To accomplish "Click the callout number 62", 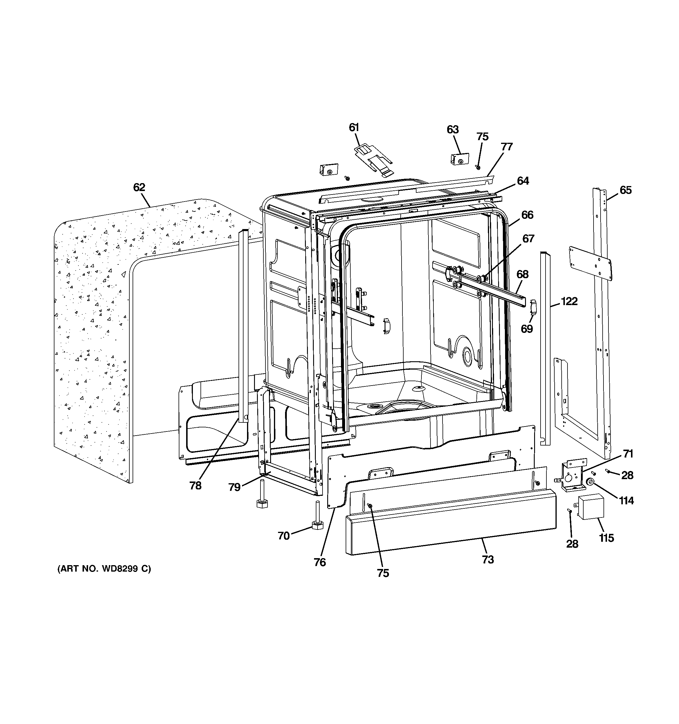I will [139, 187].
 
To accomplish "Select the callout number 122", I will [569, 301].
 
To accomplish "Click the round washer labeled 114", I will [589, 483].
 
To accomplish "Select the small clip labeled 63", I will [459, 159].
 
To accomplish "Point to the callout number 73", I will [488, 559].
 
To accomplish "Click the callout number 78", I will [195, 486].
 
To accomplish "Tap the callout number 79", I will [234, 487].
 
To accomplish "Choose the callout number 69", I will [526, 329].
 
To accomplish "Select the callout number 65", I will [625, 190].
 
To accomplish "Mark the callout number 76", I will [320, 562].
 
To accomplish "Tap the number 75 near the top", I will [482, 137].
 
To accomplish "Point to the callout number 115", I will [606, 538].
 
